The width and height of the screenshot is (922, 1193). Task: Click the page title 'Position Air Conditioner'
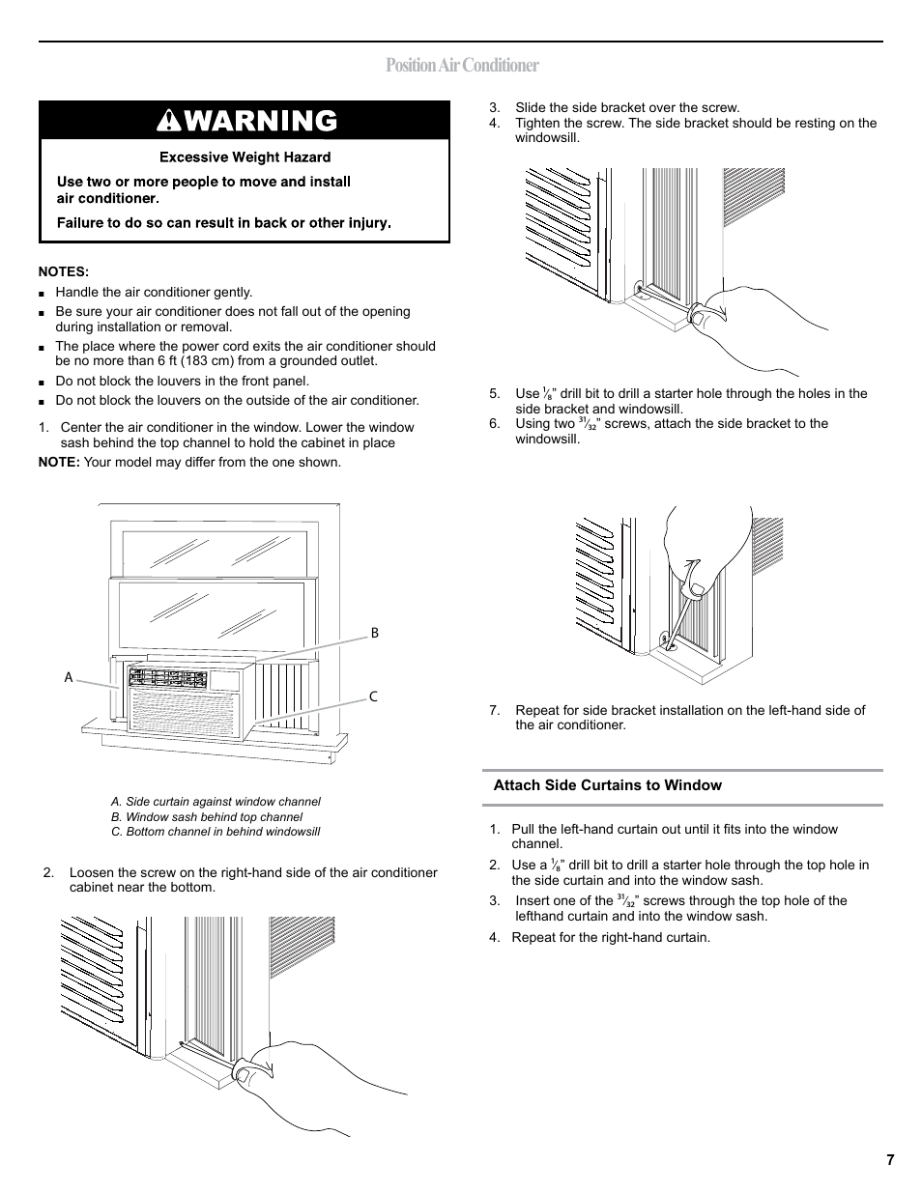[461, 66]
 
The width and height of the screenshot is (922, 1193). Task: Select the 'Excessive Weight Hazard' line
[245, 157]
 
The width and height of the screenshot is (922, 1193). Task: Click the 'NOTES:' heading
[63, 271]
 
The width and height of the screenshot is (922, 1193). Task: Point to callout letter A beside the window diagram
[69, 678]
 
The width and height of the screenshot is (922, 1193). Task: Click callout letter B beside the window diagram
[375, 634]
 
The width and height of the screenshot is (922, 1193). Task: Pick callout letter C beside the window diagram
[373, 697]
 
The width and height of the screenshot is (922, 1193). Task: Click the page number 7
[889, 1160]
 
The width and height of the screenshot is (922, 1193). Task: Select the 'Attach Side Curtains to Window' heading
[607, 785]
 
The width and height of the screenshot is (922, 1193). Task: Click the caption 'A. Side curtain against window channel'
[216, 802]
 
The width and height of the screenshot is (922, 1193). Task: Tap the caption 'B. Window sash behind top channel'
[207, 817]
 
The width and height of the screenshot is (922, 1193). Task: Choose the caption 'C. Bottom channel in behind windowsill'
[216, 832]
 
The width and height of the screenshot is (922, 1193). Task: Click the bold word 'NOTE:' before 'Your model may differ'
[58, 462]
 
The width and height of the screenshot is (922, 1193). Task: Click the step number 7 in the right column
[494, 711]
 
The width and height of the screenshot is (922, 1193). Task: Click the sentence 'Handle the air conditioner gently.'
[154, 292]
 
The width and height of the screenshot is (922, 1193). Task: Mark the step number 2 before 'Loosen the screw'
[46, 873]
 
